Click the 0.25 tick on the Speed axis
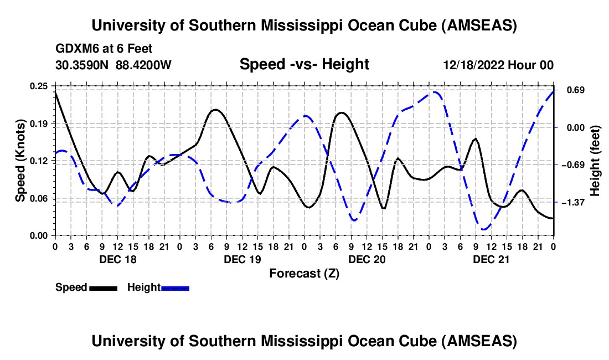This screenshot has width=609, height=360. coord(39,86)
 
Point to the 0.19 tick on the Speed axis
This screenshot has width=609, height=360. coord(39,123)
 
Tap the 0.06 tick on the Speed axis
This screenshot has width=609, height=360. coord(39,198)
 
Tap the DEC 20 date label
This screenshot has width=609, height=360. coord(367,259)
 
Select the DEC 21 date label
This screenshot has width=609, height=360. coord(491,259)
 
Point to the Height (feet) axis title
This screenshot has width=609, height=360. coord(595,161)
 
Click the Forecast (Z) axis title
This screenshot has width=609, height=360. coord(304,273)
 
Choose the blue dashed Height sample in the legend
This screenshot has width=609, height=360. coord(176,287)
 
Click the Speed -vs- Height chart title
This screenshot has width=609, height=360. coord(304,64)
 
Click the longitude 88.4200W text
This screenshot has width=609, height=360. coord(144,65)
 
